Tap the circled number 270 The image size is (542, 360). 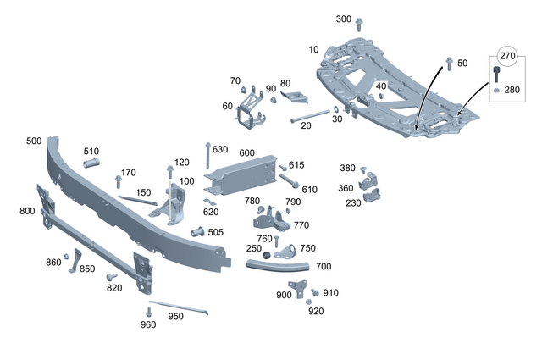(x=507, y=56)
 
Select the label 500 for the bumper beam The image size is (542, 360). (x=34, y=141)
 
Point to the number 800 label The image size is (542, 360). (x=27, y=211)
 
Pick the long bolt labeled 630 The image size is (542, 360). (x=207, y=158)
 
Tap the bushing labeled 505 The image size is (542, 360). (x=196, y=232)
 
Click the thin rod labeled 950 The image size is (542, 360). (x=178, y=307)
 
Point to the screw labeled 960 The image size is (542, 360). (x=148, y=312)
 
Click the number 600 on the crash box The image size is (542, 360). (x=246, y=152)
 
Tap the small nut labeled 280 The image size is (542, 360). (x=495, y=90)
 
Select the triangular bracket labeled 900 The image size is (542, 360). (x=299, y=288)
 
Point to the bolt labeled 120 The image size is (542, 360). (x=170, y=171)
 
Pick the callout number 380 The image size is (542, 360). (x=347, y=168)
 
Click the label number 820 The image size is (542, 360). (x=114, y=288)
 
